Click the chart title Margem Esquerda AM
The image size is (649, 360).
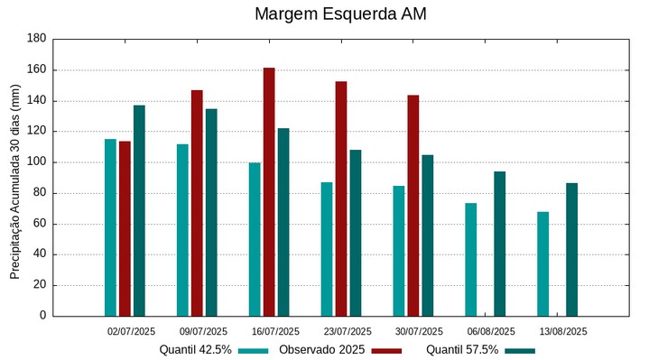pos(340,14)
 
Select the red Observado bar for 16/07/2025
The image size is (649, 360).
pos(269,191)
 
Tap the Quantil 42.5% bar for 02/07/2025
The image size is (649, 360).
pos(110,227)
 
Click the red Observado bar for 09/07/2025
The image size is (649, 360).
pos(197,203)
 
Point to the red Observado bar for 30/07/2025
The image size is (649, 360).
pos(413,205)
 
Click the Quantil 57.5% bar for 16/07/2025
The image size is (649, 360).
pos(283,222)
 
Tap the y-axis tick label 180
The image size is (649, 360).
pos(36,39)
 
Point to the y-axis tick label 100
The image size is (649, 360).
pos(36,162)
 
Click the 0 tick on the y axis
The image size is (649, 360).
pos(42,316)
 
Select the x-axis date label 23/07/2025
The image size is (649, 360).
pos(348,331)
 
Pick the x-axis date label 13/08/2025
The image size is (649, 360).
pos(563,331)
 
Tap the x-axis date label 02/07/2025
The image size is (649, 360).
pos(131,331)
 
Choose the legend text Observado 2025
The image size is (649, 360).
pos(321,350)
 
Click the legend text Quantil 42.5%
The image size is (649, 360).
pos(195,350)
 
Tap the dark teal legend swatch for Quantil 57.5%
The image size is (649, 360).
pos(520,350)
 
